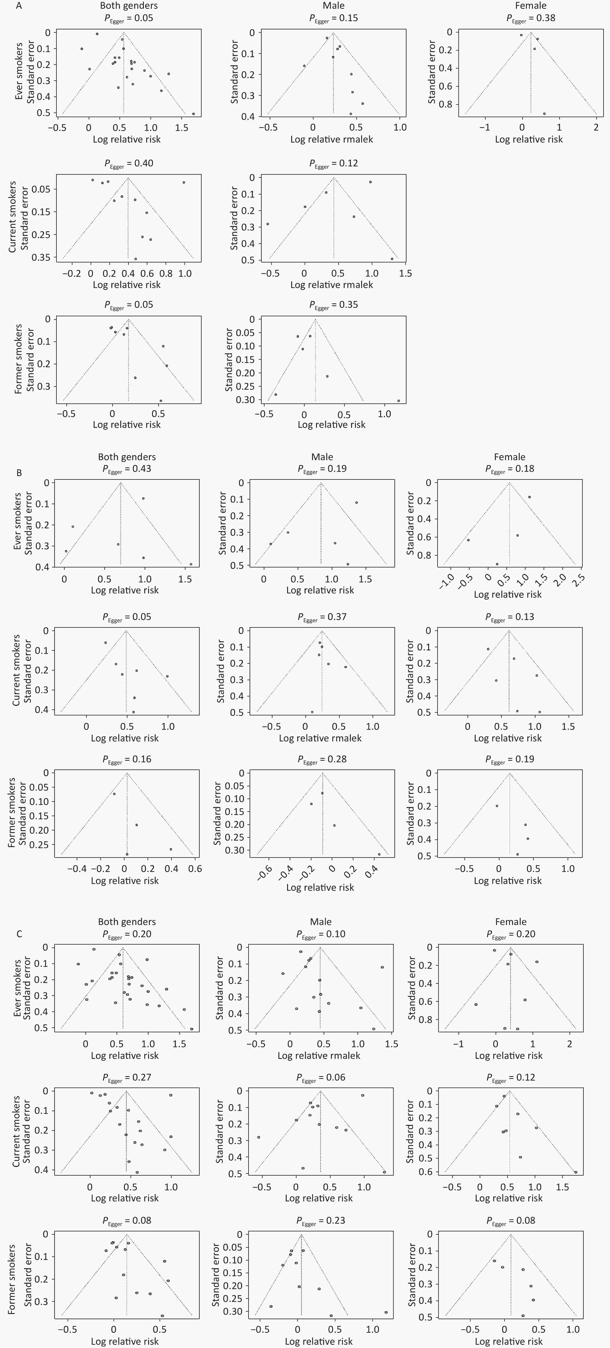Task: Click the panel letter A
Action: [19, 6]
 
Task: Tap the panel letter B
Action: [19, 473]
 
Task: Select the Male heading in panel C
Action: [321, 922]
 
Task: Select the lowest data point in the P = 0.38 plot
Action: [544, 113]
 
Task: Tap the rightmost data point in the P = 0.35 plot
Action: [398, 401]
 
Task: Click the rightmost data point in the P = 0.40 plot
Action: [184, 182]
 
